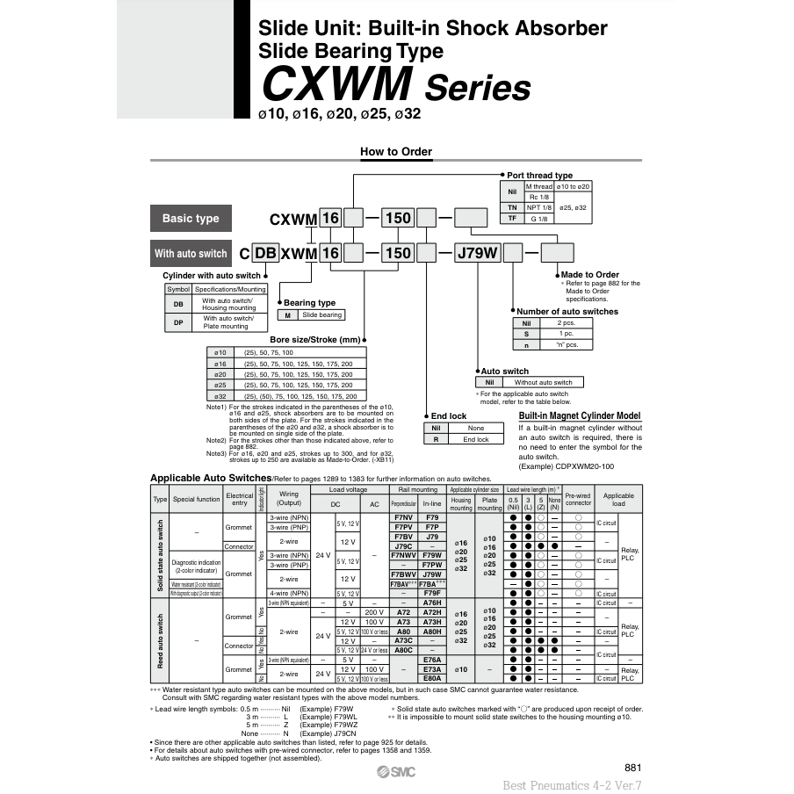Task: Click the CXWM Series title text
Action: point(396,86)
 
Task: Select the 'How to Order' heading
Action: point(396,152)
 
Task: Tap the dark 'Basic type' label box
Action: point(191,219)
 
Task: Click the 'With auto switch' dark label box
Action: point(191,254)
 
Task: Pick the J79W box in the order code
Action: point(477,254)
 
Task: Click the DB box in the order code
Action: point(265,254)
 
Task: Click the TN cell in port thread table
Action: point(512,207)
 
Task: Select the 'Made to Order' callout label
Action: point(589,275)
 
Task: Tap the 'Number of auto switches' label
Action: point(567,311)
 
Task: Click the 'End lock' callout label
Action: point(448,415)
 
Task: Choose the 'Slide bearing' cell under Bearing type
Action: point(321,314)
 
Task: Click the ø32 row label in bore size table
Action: point(220,395)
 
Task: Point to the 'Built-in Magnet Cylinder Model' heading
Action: point(580,416)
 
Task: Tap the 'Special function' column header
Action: point(196,498)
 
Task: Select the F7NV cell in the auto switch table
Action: point(403,518)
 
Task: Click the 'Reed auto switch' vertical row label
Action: point(160,640)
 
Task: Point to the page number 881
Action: point(632,767)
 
